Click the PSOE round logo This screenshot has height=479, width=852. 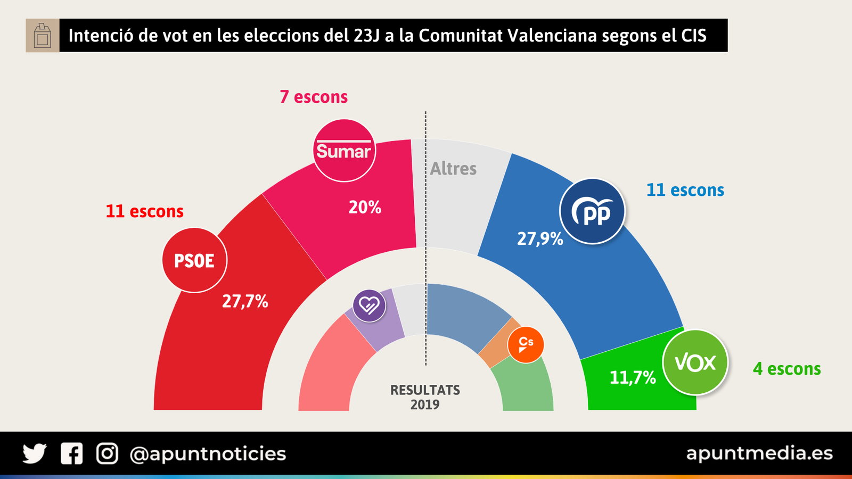click(x=194, y=260)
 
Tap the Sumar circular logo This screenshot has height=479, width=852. click(x=344, y=151)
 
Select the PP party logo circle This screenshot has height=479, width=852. click(x=592, y=211)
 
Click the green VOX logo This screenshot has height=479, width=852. click(x=695, y=362)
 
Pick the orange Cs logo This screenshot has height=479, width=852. click(x=526, y=345)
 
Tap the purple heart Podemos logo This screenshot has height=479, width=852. click(x=369, y=305)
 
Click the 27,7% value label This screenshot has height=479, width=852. click(x=245, y=301)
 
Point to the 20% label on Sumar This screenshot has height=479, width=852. click(x=365, y=207)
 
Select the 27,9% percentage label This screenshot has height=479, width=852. click(x=540, y=238)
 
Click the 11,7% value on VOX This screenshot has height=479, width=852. click(x=633, y=377)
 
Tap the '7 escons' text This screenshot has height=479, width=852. click(x=314, y=97)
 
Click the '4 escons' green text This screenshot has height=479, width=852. click(x=787, y=368)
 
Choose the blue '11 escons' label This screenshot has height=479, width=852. click(x=685, y=190)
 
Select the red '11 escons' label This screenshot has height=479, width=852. click(x=144, y=211)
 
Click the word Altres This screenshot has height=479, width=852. click(x=453, y=169)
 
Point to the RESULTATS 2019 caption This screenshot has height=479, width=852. click(x=425, y=397)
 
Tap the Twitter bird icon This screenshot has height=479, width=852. click(x=35, y=453)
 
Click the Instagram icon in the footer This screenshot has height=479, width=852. click(x=107, y=453)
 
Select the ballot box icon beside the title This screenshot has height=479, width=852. click(x=43, y=36)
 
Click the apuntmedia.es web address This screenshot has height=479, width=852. click(x=759, y=453)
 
